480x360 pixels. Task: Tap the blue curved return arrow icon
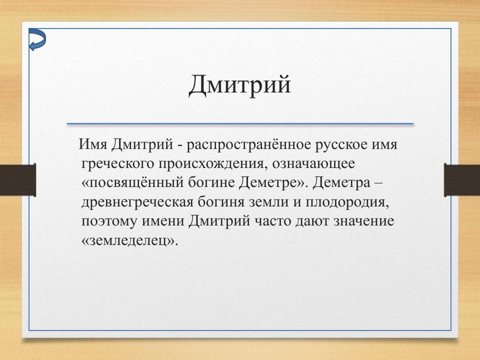(37, 39)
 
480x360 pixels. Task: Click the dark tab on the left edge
(17, 180)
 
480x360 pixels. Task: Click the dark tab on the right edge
(462, 180)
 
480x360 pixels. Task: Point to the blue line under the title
(240, 123)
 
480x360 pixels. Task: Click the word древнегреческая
(142, 202)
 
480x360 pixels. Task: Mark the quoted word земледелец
(129, 239)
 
